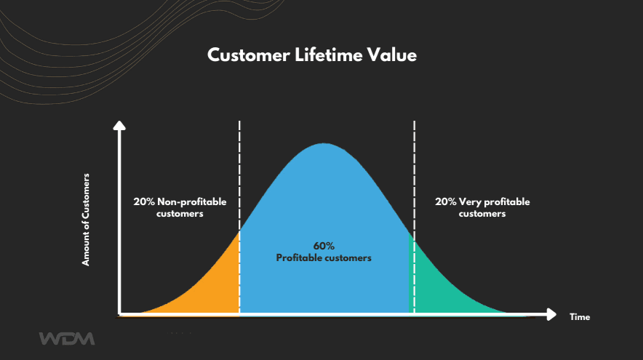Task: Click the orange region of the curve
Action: (x=211, y=284)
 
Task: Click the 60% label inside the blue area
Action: (x=324, y=246)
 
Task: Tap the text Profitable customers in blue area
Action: (x=324, y=257)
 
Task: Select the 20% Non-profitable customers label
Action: (x=180, y=208)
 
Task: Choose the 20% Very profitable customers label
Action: (x=482, y=208)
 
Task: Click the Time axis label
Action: (x=580, y=317)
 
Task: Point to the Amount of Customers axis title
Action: (x=86, y=218)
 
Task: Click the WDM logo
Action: (x=66, y=338)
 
